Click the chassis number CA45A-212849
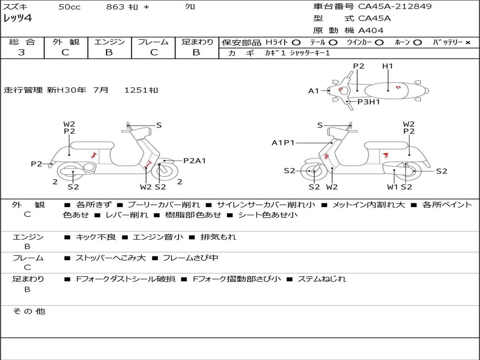click(395, 7)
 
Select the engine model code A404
click(371, 30)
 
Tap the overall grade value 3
click(22, 52)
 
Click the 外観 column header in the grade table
click(66, 42)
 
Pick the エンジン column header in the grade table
click(109, 42)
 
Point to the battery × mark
click(467, 43)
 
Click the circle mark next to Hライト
click(296, 43)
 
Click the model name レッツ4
click(17, 19)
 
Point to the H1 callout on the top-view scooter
click(388, 66)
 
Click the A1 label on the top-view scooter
click(313, 91)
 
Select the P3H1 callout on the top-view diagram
click(368, 101)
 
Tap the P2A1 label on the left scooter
click(195, 161)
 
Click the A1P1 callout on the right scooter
click(283, 142)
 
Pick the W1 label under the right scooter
click(392, 187)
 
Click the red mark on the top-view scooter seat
click(398, 88)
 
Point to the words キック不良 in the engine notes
click(96, 237)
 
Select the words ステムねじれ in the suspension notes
click(322, 279)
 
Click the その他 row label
click(29, 311)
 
